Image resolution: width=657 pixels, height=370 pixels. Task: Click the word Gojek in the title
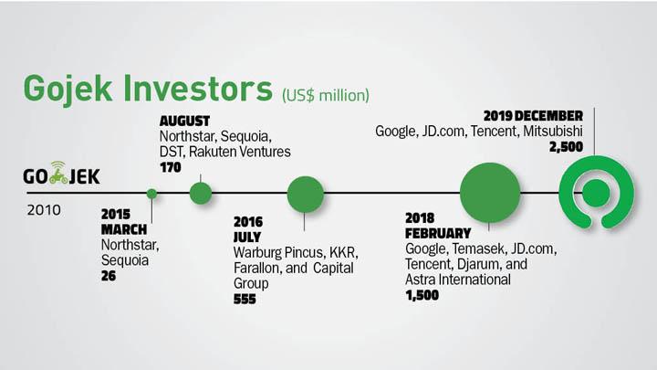pyautogui.click(x=68, y=90)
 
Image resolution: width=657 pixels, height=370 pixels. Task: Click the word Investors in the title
pyautogui.click(x=198, y=88)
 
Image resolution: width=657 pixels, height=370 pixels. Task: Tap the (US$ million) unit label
pyautogui.click(x=326, y=95)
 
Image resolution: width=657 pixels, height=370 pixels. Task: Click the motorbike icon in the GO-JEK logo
pyautogui.click(x=58, y=174)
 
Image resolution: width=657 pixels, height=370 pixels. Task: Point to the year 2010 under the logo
pyautogui.click(x=44, y=210)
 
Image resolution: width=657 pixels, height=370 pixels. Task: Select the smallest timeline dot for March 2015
pyautogui.click(x=151, y=194)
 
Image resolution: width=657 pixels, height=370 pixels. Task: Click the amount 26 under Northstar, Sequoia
pyautogui.click(x=109, y=276)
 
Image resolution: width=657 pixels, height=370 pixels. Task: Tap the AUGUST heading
pyautogui.click(x=184, y=122)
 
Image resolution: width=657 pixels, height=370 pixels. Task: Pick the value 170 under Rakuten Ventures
pyautogui.click(x=171, y=167)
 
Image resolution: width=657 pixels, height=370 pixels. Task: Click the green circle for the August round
pyautogui.click(x=201, y=194)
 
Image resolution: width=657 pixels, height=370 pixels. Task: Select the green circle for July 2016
pyautogui.click(x=306, y=195)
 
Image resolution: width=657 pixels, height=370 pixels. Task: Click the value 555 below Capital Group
pyautogui.click(x=245, y=299)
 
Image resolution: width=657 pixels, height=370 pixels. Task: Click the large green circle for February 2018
pyautogui.click(x=490, y=193)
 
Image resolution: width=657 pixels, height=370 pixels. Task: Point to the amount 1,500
pyautogui.click(x=422, y=295)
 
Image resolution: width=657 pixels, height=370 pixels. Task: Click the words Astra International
pyautogui.click(x=458, y=280)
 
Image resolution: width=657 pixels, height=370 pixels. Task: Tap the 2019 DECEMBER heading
pyautogui.click(x=533, y=116)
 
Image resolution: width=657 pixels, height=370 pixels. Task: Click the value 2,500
pyautogui.click(x=566, y=147)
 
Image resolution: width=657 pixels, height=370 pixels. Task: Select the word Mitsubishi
pyautogui.click(x=553, y=132)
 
